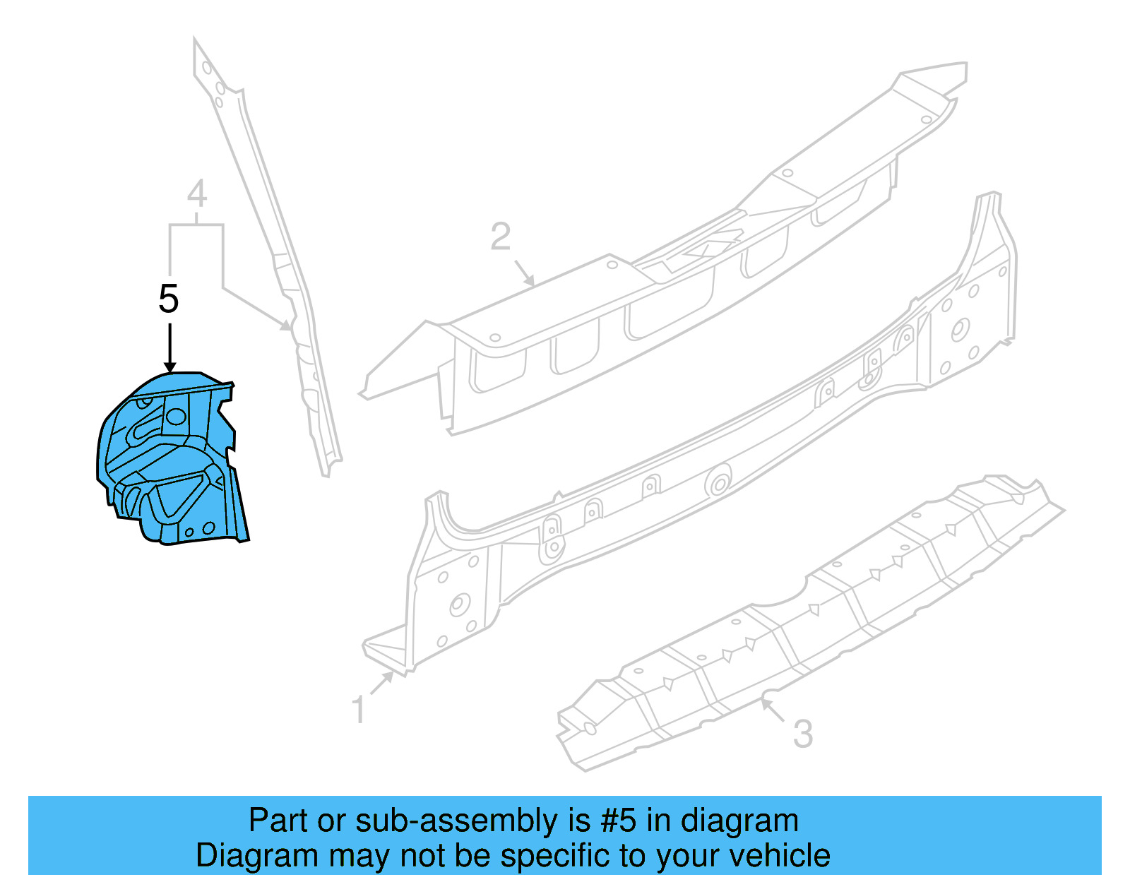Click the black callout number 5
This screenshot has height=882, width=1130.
169,299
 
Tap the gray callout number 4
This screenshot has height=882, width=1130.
197,193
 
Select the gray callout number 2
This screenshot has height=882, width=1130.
500,237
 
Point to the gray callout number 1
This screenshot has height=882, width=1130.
359,709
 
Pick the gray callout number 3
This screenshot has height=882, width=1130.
803,734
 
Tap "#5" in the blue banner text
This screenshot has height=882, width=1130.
619,821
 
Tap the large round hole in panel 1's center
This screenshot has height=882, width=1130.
719,484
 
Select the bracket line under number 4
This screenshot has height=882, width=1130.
196,225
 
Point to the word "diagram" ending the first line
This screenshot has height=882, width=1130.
739,821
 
